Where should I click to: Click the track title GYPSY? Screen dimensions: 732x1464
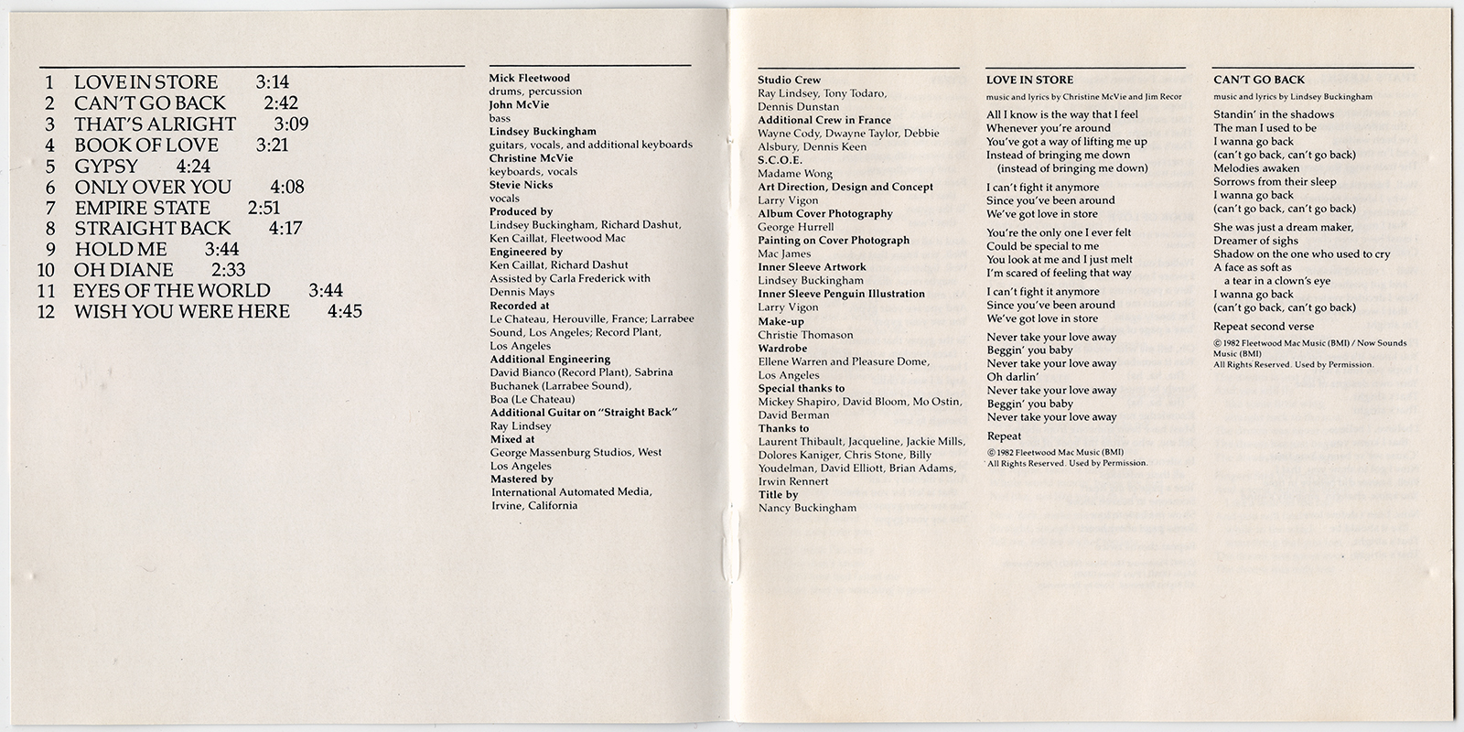[x=106, y=167]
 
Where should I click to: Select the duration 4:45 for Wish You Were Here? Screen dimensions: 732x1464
[x=344, y=312]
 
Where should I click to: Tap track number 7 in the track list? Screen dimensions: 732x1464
[x=50, y=209]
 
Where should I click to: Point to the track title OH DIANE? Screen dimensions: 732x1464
[x=124, y=270]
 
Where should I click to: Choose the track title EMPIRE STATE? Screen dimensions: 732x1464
[x=142, y=209]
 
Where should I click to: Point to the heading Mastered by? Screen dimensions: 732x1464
[x=522, y=479]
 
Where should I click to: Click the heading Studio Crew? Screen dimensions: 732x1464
[x=789, y=81]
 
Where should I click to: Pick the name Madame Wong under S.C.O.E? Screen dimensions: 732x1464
[x=794, y=174]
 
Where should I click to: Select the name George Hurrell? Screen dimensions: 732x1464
[x=796, y=227]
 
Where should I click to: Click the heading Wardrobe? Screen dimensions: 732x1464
[x=784, y=348]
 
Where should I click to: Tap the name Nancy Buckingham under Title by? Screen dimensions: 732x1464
[x=807, y=508]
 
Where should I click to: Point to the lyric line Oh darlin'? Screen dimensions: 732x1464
[x=1013, y=377]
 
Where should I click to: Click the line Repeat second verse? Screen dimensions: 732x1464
[x=1264, y=327]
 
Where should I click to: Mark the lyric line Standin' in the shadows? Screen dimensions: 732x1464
[x=1274, y=114]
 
